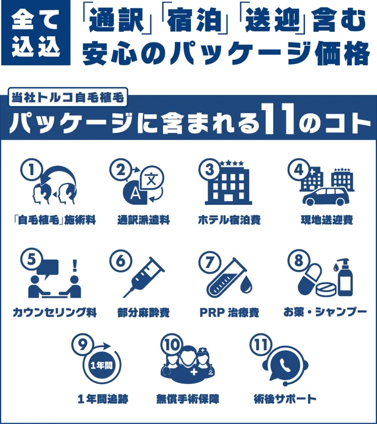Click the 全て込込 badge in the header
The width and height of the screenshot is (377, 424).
pos(36,33)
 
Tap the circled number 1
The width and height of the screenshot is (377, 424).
pos(32,170)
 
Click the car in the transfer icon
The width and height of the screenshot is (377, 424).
pos(326,196)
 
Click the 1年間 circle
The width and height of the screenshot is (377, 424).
pos(101,365)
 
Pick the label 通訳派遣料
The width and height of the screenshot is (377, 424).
pos(143,220)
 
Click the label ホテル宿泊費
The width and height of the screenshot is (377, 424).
pos(229,220)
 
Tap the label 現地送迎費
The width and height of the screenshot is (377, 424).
pos(327,220)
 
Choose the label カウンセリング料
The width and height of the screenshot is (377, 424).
pos(55,312)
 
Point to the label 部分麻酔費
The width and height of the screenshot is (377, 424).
pos(143,312)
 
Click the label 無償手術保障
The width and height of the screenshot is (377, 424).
pos(187,399)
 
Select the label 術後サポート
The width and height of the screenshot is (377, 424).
pos(285,399)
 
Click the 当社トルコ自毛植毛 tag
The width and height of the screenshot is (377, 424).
pos(68,97)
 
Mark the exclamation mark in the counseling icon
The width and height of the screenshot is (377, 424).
pos(75,266)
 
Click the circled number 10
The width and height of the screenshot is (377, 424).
pos(172,344)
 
